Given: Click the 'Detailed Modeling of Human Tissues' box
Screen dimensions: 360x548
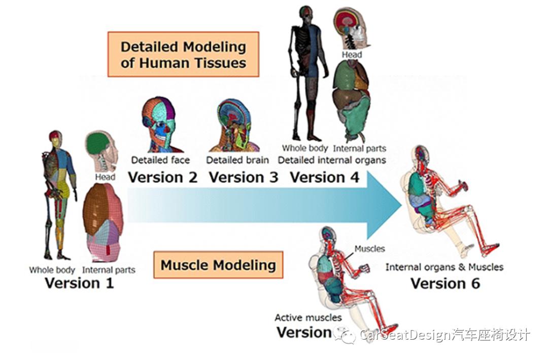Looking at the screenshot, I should point(183,54).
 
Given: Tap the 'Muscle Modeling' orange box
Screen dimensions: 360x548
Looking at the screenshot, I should point(218,265).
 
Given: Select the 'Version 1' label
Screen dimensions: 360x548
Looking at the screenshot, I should point(79,283).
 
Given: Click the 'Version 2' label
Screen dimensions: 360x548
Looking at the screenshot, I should point(162,177).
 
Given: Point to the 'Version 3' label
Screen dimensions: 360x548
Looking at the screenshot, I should point(244,177).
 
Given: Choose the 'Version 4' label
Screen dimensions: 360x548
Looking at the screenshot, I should point(324,177).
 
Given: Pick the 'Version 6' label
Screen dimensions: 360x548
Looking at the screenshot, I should point(445,283).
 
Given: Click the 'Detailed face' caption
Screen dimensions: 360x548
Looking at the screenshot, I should point(160,160).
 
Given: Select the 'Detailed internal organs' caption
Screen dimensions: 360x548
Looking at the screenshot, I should point(332,160).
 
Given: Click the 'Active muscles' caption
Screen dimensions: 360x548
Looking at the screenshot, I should point(308,318).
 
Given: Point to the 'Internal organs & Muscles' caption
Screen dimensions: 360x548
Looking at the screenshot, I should point(444,267).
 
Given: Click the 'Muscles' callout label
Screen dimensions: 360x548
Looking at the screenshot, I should point(369,249).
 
